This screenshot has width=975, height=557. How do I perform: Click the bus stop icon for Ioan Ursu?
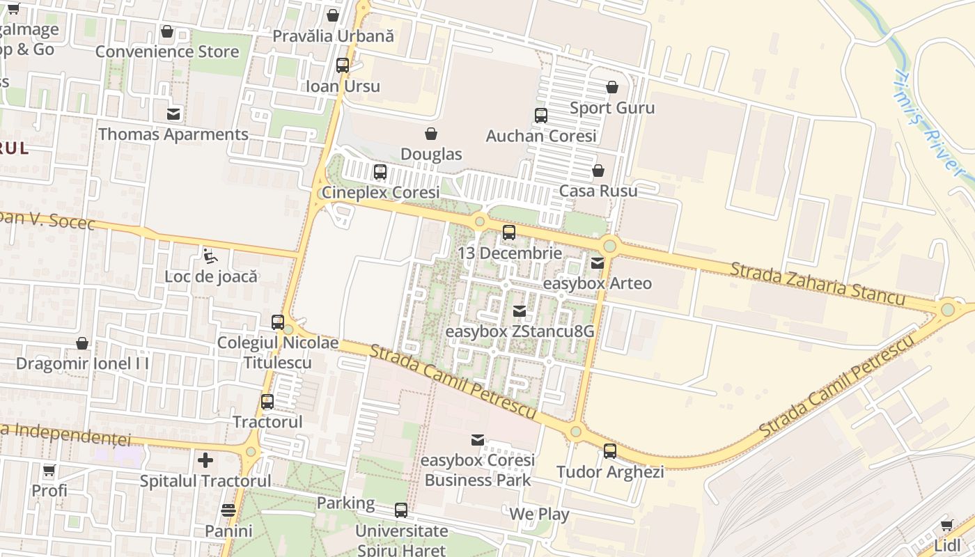343,65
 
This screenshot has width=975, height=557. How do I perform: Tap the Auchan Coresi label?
541,136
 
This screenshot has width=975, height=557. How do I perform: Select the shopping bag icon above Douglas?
431,134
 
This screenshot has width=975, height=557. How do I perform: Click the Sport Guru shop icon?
612,87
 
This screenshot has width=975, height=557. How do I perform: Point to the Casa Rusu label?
598,191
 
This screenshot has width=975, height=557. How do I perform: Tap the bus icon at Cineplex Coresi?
380,171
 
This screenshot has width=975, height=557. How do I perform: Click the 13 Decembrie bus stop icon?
509,233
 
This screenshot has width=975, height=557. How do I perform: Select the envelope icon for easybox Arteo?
598,263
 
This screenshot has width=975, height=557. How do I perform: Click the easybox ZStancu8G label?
520,331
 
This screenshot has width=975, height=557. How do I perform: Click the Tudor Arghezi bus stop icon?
610,451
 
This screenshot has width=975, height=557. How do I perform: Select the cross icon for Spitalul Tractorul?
205,460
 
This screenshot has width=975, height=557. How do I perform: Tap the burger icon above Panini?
228,510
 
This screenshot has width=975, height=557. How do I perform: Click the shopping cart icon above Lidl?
946,525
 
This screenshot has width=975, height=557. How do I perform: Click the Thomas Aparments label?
173,134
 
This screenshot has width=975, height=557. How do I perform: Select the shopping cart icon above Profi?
49,471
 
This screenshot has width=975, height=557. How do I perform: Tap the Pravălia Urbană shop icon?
333,15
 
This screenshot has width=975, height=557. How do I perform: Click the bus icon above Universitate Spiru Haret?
401,510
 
